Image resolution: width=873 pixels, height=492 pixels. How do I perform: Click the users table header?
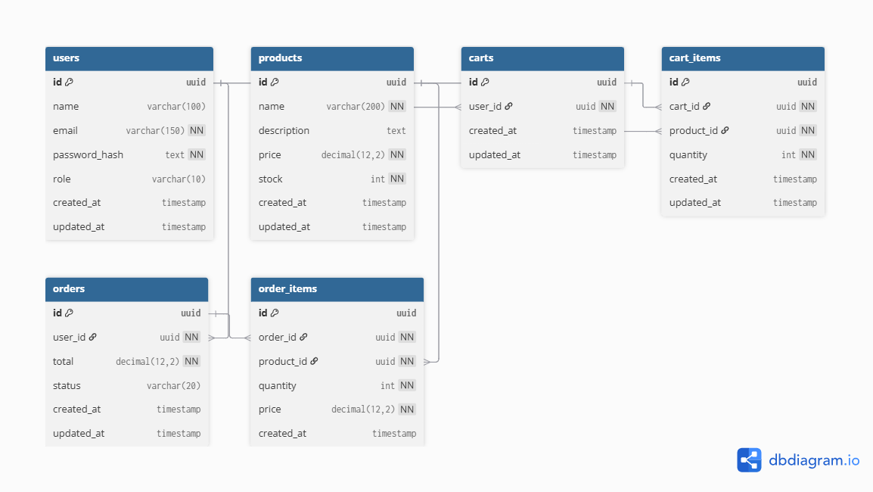click(x=129, y=58)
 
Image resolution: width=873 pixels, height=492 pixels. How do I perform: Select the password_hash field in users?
click(x=88, y=154)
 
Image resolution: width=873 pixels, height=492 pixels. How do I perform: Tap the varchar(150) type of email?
click(x=155, y=131)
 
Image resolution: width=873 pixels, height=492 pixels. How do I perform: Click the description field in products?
click(x=284, y=130)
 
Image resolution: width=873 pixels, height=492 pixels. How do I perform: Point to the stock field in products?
click(x=270, y=179)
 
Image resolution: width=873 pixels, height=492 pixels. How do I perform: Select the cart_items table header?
click(x=742, y=58)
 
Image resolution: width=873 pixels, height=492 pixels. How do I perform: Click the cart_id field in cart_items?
click(x=684, y=107)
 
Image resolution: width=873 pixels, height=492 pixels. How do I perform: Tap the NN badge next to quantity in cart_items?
click(x=808, y=154)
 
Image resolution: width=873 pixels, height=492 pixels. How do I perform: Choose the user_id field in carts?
click(x=485, y=107)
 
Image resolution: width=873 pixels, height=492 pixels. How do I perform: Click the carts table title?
click(x=481, y=58)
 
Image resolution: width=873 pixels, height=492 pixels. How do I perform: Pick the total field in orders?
click(x=64, y=361)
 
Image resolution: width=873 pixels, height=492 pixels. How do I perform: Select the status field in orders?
click(x=67, y=385)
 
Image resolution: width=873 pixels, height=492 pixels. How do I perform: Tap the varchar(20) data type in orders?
click(x=173, y=386)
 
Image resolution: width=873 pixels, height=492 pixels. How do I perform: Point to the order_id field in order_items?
click(x=277, y=337)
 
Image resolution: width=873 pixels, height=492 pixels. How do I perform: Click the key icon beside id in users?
click(x=69, y=83)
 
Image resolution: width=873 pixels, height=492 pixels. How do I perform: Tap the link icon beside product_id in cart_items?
click(x=725, y=130)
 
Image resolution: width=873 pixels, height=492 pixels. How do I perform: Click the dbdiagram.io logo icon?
click(x=749, y=460)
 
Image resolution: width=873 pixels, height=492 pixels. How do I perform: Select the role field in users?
click(x=62, y=179)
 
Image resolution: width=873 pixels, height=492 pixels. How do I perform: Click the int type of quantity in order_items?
click(x=387, y=385)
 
